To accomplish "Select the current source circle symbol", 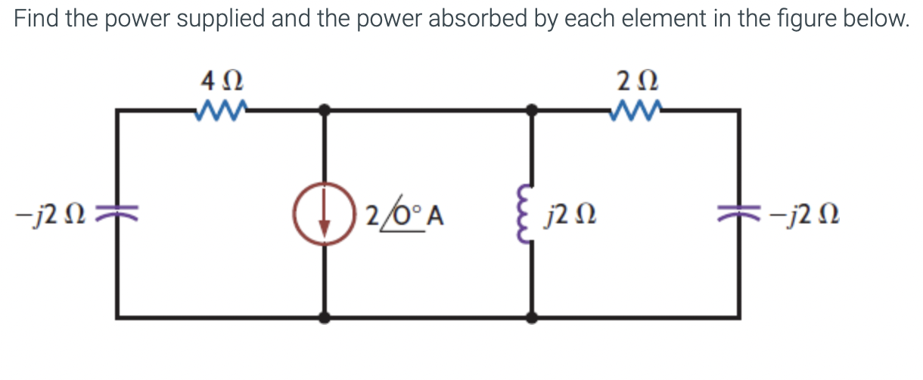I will click(325, 214).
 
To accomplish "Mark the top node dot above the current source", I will click(325, 111).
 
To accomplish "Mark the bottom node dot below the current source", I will click(325, 318).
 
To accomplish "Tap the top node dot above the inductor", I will click(533, 111).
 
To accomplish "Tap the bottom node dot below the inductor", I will click(533, 318).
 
